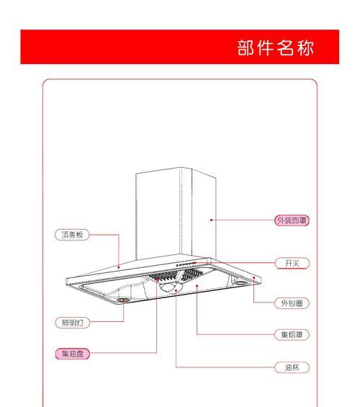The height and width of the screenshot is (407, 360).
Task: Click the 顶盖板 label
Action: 72,235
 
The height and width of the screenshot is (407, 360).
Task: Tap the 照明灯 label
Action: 73,323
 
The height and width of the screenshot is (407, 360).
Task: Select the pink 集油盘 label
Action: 73,354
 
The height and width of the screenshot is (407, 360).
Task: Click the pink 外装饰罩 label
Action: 292,220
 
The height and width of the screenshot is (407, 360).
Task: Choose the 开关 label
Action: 292,263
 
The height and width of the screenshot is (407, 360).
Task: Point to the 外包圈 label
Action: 292,303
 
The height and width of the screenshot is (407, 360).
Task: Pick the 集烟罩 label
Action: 292,334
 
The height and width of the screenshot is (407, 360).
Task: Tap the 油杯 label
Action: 292,367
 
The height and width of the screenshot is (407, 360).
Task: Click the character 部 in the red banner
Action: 246,48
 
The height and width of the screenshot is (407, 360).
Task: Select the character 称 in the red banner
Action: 305,48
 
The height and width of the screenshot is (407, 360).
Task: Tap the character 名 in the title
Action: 285,48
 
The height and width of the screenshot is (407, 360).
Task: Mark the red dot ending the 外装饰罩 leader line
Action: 212,220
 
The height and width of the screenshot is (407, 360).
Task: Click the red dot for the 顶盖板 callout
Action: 119,267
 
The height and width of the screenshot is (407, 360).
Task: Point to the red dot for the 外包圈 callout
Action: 254,278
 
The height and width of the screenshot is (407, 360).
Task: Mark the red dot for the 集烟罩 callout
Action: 197,286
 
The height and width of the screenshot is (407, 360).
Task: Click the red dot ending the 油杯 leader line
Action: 176,290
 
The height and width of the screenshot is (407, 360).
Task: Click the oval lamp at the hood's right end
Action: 241,282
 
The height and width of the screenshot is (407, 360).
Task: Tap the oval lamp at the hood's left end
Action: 122,300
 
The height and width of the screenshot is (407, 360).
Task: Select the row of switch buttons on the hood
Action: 186,264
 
